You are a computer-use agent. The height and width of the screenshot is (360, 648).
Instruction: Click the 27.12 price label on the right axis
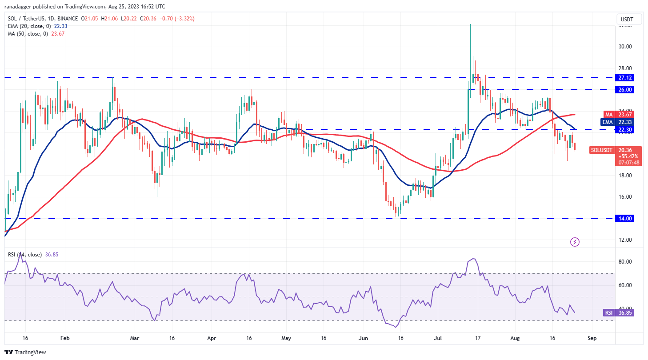tap(632, 77)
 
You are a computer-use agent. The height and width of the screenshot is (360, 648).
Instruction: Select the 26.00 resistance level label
tap(632, 89)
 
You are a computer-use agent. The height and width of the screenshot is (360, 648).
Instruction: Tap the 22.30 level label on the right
tap(632, 129)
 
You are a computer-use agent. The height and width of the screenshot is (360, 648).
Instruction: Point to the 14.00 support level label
tap(632, 218)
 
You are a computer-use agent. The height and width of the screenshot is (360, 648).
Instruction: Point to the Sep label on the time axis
tap(591, 338)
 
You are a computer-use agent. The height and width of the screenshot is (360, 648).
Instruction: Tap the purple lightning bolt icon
tap(575, 242)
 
